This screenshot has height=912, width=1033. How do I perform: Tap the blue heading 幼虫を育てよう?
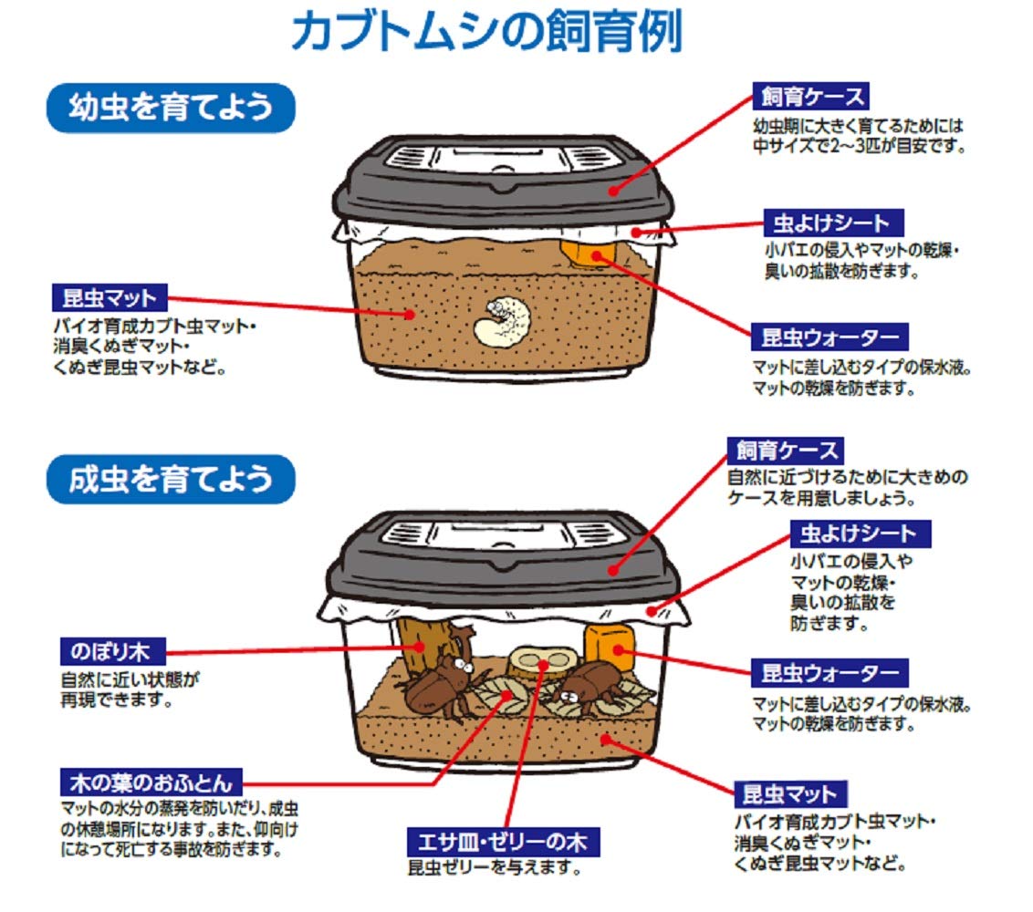171,109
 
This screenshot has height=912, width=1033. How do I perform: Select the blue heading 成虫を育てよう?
171,479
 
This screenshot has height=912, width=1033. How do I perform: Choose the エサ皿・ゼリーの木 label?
504,840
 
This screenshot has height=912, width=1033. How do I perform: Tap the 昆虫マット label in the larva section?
110,297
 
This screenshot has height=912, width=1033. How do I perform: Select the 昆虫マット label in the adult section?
790,793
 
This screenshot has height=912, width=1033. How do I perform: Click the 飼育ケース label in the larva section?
810,96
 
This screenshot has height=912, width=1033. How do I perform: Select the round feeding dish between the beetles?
544,660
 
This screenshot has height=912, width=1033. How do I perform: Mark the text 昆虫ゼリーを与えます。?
495,867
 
